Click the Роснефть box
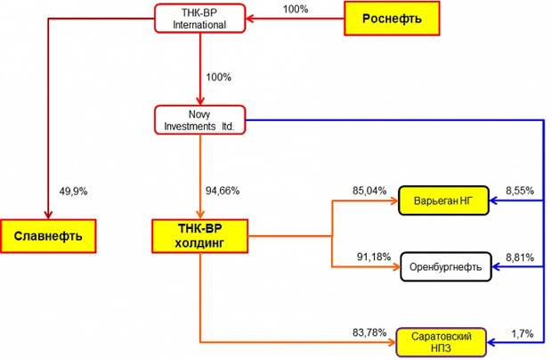click(x=392, y=19)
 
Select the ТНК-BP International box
click(x=199, y=19)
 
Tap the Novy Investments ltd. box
click(x=199, y=120)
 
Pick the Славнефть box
click(x=48, y=236)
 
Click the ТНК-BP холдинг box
click(x=199, y=236)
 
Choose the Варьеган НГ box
click(x=443, y=200)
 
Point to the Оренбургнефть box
click(x=446, y=266)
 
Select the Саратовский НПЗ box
click(x=442, y=342)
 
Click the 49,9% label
click(x=73, y=192)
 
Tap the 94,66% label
click(x=223, y=191)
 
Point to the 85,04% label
click(x=369, y=191)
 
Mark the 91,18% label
click(x=374, y=257)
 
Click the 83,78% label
click(x=369, y=332)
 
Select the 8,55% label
click(x=520, y=191)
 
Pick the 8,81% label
click(x=520, y=258)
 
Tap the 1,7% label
click(x=522, y=333)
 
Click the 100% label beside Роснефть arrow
click(x=296, y=9)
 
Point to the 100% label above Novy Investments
click(x=218, y=78)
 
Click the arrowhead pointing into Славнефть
click(x=48, y=215)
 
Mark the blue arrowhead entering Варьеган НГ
click(x=494, y=200)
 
